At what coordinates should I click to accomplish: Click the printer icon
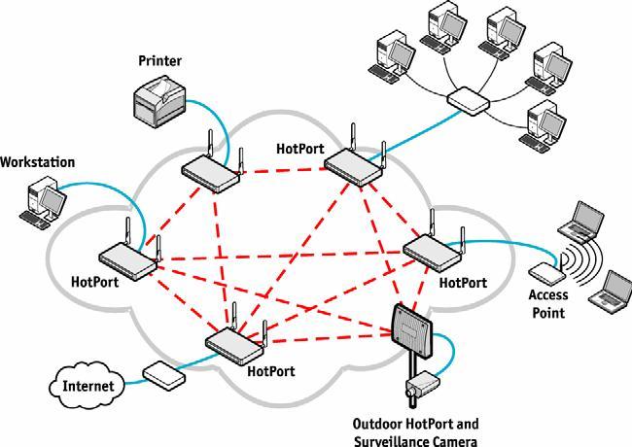(x=159, y=101)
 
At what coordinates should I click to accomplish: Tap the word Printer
(x=160, y=61)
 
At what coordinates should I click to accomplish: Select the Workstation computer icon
(x=44, y=202)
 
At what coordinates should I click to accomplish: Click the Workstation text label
(x=38, y=162)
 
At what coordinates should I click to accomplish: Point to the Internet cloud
(x=88, y=386)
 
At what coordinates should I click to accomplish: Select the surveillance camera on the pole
(x=422, y=384)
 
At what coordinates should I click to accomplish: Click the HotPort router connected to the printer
(x=212, y=166)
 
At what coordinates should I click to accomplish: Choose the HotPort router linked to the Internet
(x=236, y=339)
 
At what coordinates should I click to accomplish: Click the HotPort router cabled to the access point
(x=434, y=245)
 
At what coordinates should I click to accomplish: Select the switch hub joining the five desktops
(x=469, y=101)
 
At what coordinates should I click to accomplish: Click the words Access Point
(x=548, y=303)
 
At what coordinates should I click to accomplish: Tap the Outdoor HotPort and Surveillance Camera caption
(x=415, y=432)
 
